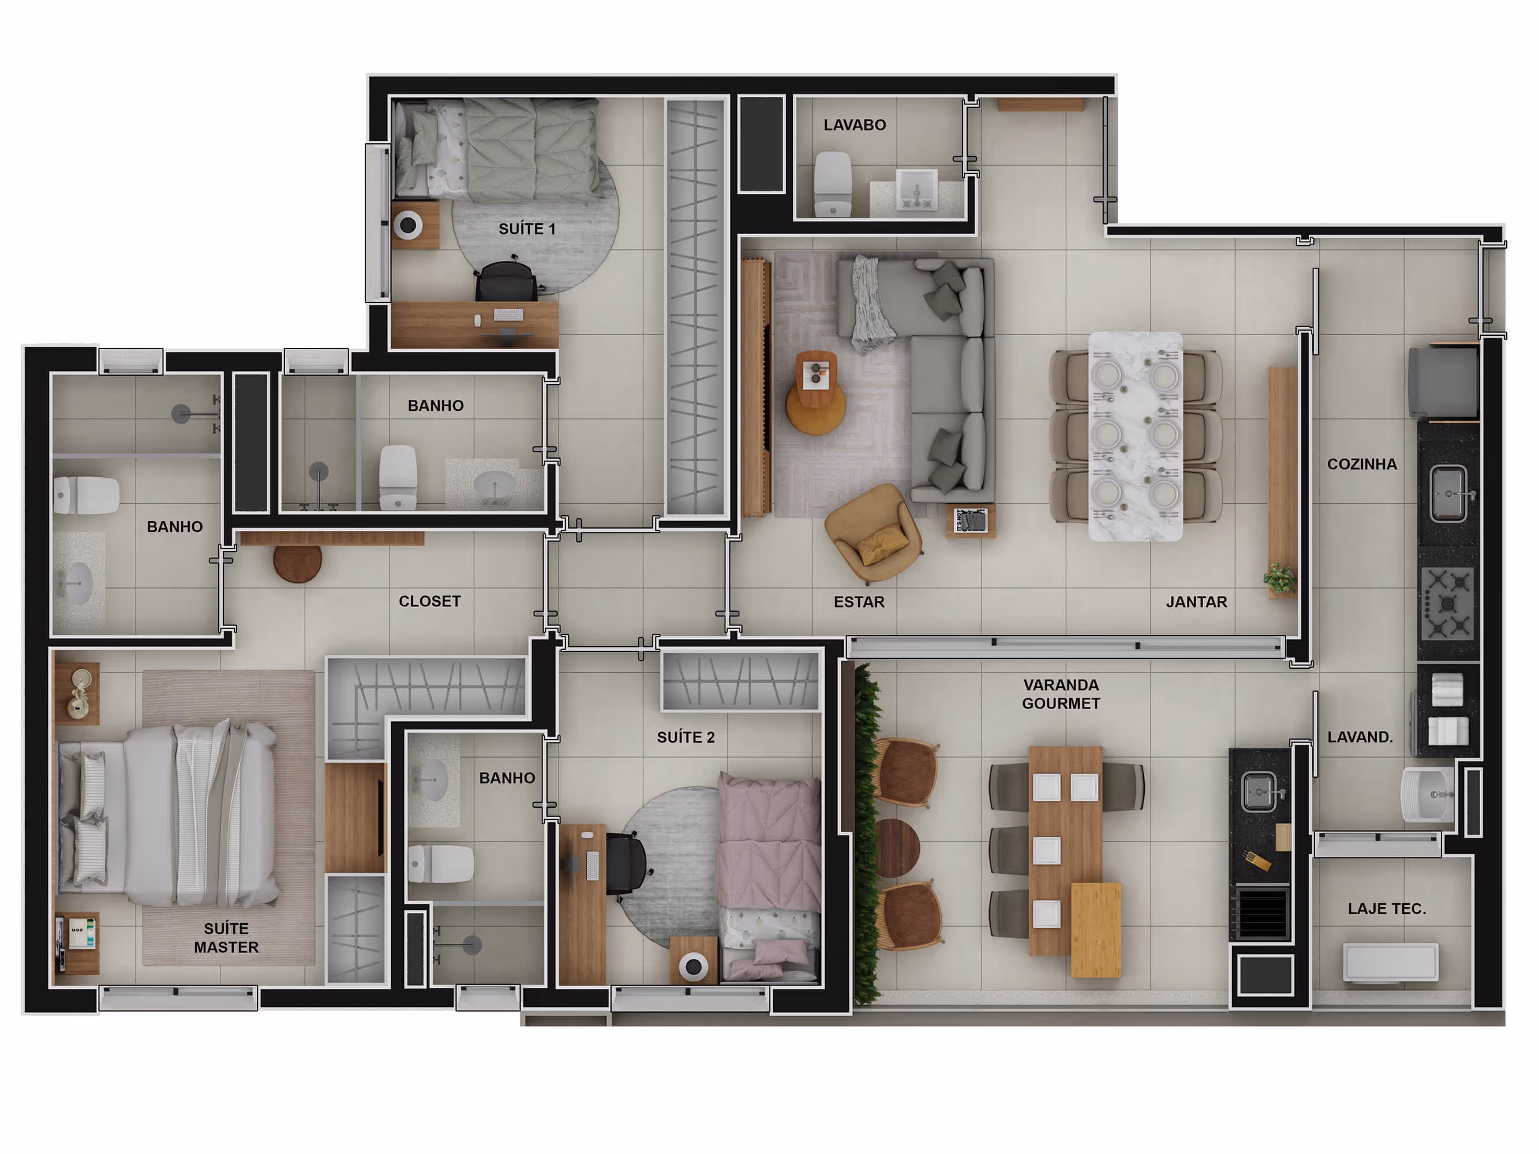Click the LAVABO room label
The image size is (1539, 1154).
(x=855, y=125)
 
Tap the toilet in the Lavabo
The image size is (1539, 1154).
(x=833, y=184)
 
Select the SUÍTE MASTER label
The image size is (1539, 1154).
(x=226, y=938)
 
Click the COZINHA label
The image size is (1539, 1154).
(x=1362, y=464)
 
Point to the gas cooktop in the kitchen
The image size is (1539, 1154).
(x=1447, y=602)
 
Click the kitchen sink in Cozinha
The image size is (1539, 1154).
(x=1449, y=494)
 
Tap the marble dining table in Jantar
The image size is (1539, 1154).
(x=1136, y=436)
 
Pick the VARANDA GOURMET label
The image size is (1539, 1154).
(x=1061, y=694)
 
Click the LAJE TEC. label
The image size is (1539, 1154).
(x=1387, y=908)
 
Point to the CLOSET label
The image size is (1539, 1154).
(x=429, y=601)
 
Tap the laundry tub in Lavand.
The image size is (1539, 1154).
(x=1427, y=795)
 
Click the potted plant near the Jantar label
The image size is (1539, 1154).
(x=1279, y=578)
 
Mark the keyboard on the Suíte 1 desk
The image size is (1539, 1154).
(x=508, y=315)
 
